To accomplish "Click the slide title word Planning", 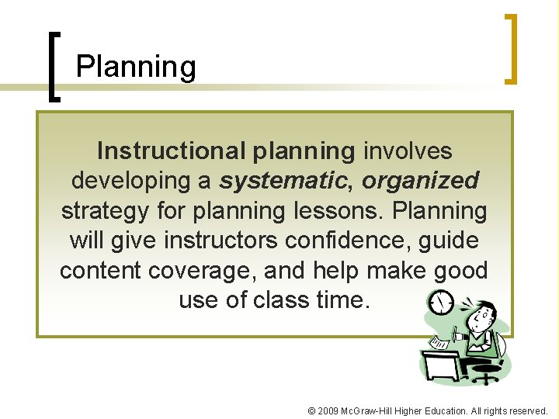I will [136, 68].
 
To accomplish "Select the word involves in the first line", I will [407, 150].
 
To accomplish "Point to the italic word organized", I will [420, 180].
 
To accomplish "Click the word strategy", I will [108, 210].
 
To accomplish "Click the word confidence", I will [351, 241].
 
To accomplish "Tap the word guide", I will [449, 241].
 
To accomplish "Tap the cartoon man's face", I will [482, 316].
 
